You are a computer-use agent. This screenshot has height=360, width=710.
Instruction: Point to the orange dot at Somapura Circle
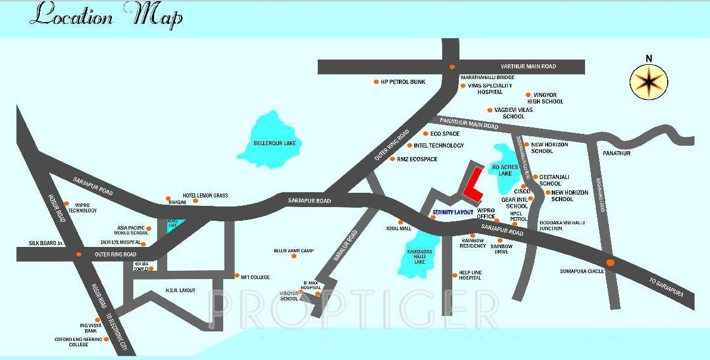coord(609,262)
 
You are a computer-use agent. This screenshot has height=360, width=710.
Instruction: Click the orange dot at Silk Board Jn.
coord(78,255)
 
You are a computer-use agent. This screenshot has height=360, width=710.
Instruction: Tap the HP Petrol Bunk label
coord(403,82)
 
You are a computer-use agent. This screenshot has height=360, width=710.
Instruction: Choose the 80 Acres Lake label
coord(501,170)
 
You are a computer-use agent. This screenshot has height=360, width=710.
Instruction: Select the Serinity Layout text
coord(453,212)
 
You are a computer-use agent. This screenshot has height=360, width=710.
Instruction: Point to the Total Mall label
coord(398,229)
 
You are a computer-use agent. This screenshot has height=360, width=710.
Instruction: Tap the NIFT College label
coord(255,277)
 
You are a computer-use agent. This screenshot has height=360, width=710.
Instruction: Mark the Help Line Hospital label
coord(470,276)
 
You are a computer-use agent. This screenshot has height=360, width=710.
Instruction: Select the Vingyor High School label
coord(545,98)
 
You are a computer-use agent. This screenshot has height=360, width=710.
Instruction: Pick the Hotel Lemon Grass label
coord(205,196)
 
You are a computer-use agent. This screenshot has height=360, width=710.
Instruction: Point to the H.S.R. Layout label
coord(180,290)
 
